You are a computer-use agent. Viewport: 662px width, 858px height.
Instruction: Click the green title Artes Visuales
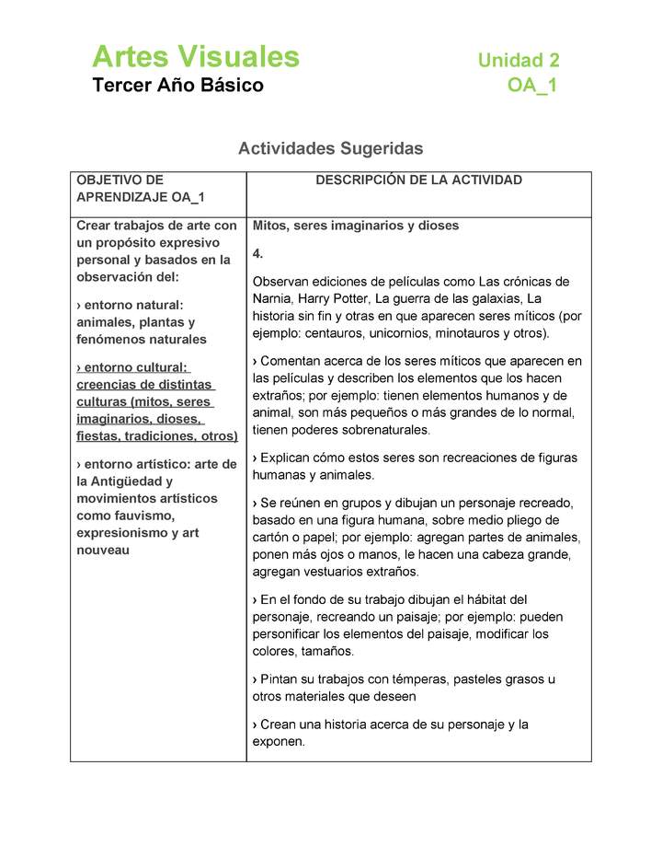[x=195, y=57]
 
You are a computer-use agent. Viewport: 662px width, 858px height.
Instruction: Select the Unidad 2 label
[x=518, y=61]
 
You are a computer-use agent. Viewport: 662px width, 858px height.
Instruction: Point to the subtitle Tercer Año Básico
[x=177, y=86]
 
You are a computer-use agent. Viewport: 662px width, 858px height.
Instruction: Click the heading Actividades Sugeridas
[x=330, y=148]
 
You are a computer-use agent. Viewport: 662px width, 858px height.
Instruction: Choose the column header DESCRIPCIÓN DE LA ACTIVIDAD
[x=418, y=180]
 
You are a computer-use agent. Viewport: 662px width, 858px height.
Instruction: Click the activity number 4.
[x=257, y=253]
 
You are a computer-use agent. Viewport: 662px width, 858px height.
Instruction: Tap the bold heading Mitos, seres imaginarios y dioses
[x=355, y=226]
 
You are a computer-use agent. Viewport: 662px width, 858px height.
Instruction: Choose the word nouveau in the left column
[x=103, y=550]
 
